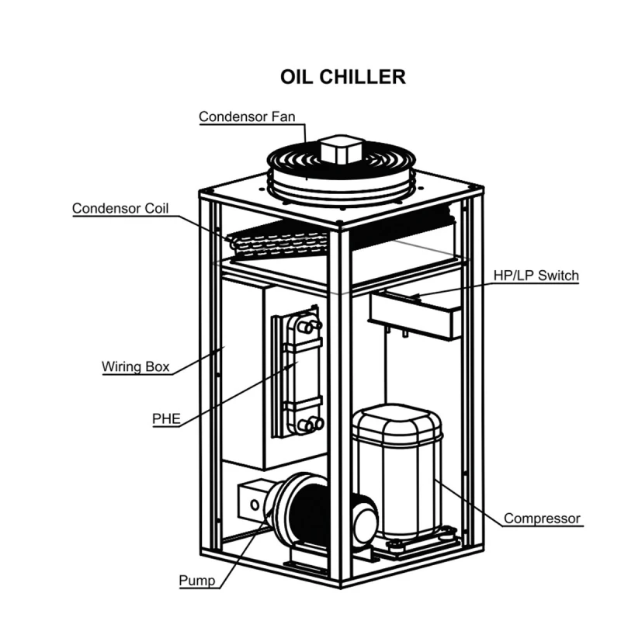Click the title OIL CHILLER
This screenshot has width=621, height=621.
pos(342,77)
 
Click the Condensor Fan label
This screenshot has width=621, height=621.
pos(252,117)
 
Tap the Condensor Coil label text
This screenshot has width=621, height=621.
pos(120,209)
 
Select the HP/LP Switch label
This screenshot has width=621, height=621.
pos(536,276)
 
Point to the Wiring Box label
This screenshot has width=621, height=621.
pos(136,366)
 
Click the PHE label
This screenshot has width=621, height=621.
pos(166,419)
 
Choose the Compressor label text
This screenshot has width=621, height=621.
pos(542,518)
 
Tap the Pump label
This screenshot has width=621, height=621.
pos(196,580)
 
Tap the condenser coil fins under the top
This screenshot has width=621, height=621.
pos(279,242)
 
